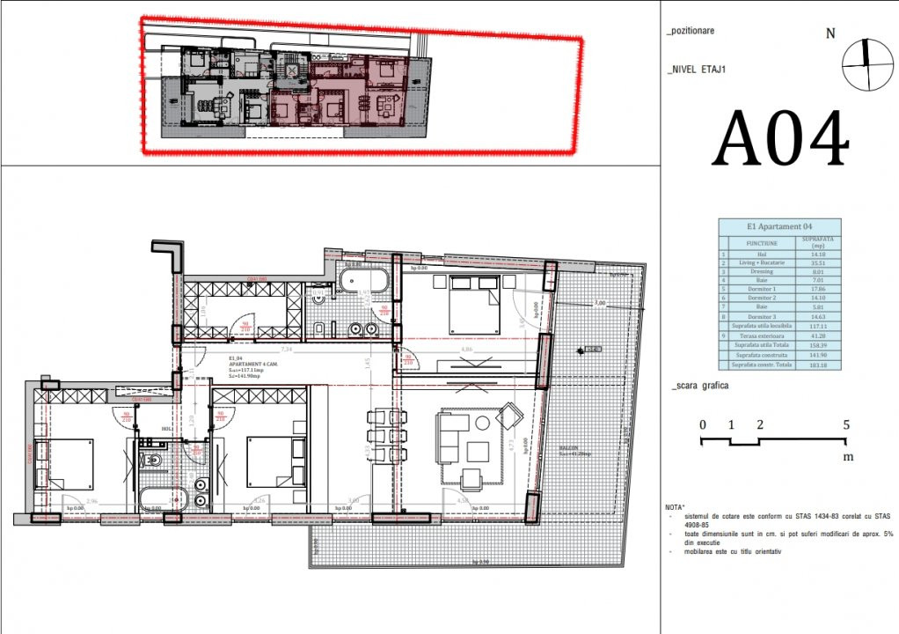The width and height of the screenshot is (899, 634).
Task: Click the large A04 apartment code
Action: pos(780,139)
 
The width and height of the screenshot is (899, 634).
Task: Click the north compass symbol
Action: pos(866,65)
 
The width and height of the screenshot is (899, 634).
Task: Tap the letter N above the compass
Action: pos(830,34)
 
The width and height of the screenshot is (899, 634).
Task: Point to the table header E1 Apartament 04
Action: pos(778,225)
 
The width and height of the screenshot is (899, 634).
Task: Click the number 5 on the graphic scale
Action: pos(846,424)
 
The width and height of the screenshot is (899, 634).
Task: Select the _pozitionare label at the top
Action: pos(691,31)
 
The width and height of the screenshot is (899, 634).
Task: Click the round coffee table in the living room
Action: pos(482,423)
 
